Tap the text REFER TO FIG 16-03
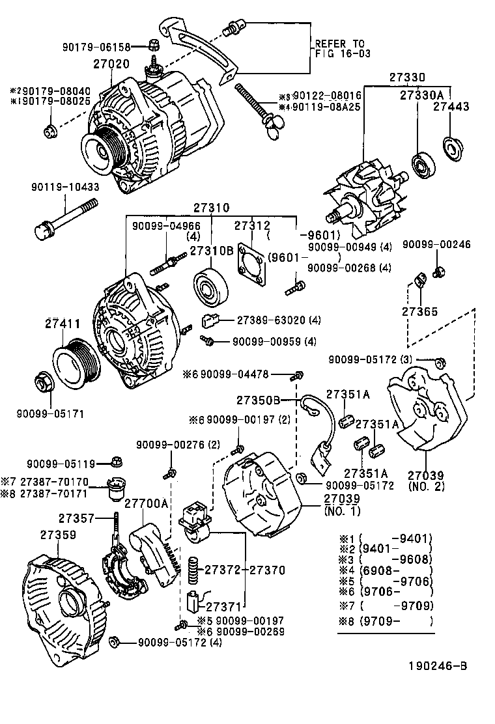343,49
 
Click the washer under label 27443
451,148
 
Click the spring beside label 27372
193,568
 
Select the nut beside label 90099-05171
43,383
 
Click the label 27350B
258,400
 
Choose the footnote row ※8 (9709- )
384,620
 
